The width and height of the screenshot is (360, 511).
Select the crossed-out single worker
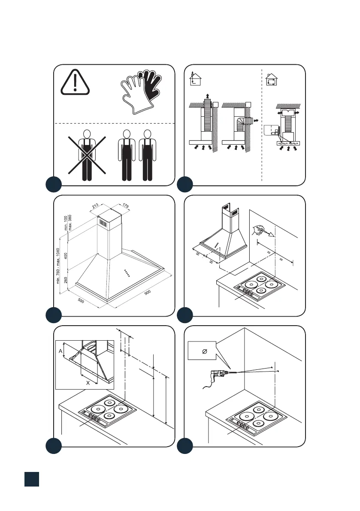[x=87, y=155]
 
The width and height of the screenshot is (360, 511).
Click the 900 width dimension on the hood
[x=148, y=292]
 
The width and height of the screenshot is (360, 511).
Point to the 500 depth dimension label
[x=81, y=300]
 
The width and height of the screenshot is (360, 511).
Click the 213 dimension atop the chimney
[x=95, y=206]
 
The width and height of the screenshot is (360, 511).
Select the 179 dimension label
[x=125, y=206]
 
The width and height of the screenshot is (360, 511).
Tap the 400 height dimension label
[x=66, y=256]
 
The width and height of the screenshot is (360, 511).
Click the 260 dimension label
[x=66, y=280]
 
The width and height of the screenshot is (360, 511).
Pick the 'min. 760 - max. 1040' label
[x=58, y=266]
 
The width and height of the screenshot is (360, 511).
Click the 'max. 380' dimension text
[x=70, y=223]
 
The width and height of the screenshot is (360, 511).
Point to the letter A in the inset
[x=61, y=351]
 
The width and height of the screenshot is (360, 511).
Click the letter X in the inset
[x=88, y=383]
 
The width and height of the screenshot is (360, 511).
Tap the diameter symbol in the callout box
[x=205, y=351]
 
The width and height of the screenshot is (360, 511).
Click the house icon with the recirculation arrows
[x=271, y=79]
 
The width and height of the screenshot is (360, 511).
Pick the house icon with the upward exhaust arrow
[x=195, y=78]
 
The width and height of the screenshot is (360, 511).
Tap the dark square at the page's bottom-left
[x=32, y=479]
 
